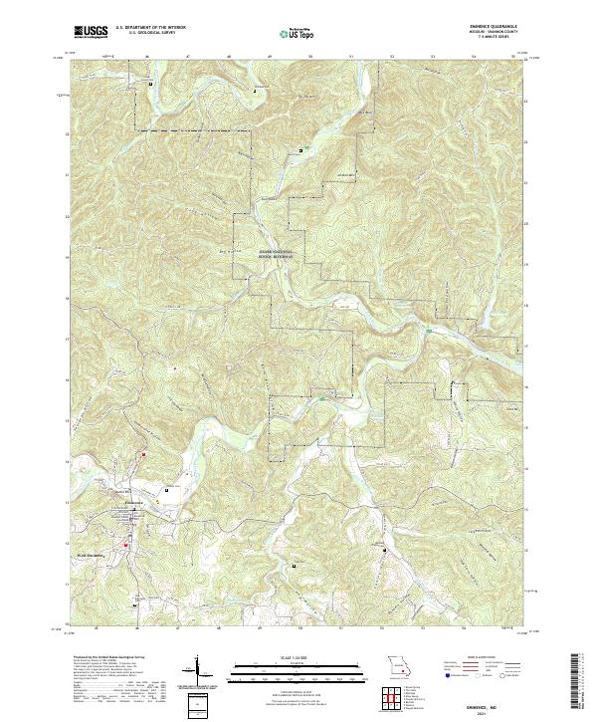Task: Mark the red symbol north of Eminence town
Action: (142, 455)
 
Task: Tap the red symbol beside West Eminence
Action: (125, 545)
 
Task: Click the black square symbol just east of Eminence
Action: (167, 489)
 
